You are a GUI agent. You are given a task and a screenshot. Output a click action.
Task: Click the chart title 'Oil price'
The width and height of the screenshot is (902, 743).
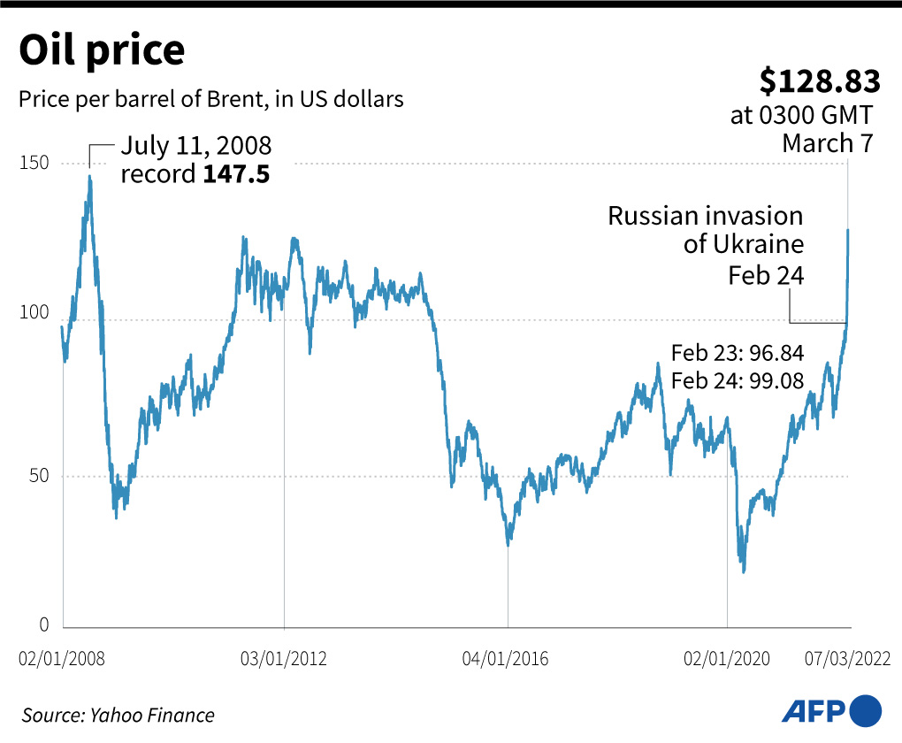pos(102,50)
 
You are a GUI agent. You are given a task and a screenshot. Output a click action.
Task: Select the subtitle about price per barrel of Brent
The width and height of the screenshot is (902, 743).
pos(210,99)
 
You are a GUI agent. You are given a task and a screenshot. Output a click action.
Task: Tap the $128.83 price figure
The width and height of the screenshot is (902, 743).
pos(820,81)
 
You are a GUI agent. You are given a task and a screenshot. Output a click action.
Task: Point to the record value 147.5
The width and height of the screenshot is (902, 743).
pos(236,173)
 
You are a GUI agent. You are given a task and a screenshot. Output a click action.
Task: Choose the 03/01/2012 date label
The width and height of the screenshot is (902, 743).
pos(284,659)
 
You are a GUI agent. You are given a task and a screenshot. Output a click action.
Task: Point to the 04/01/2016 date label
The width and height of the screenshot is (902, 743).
pos(505,659)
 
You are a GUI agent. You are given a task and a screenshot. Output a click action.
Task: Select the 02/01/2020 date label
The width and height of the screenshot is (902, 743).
pos(727,659)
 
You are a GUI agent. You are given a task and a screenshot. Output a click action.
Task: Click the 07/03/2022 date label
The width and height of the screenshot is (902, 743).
pos(846,659)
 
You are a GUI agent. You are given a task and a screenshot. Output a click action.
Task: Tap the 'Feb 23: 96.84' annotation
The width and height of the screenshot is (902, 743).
pos(737,353)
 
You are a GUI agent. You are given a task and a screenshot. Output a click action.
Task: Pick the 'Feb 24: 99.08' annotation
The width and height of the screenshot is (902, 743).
pos(737,381)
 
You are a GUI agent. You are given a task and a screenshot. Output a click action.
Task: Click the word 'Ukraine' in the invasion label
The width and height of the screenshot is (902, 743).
pos(760,244)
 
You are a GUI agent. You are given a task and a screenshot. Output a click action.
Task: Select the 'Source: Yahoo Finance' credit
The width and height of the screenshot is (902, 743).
pos(118,715)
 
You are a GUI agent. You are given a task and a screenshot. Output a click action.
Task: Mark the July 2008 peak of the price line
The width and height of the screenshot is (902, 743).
pos(89,176)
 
